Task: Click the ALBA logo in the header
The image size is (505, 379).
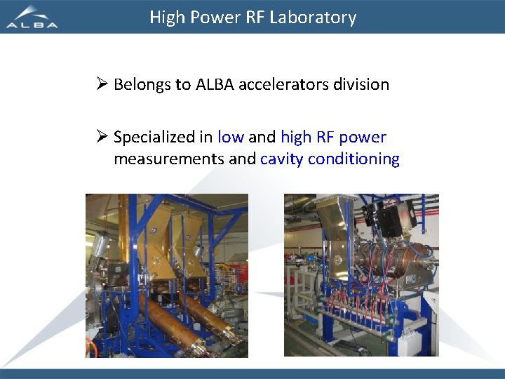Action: pyautogui.click(x=32, y=17)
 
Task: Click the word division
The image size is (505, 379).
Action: pyautogui.click(x=361, y=85)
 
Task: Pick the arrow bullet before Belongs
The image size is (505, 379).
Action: pyautogui.click(x=102, y=85)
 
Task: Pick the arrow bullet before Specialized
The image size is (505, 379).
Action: pyautogui.click(x=102, y=137)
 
